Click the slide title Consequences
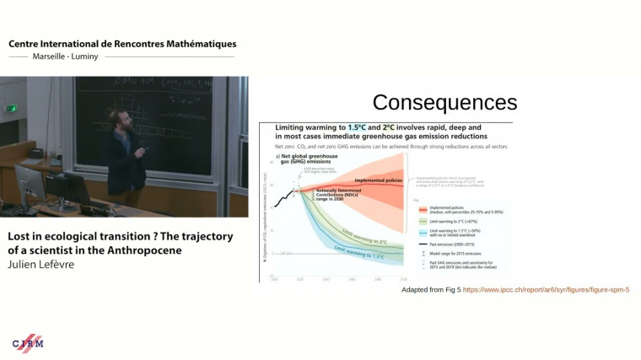point(444,103)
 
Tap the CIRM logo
point(28,342)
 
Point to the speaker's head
point(121,119)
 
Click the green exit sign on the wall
point(12,109)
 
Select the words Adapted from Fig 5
point(431,289)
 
